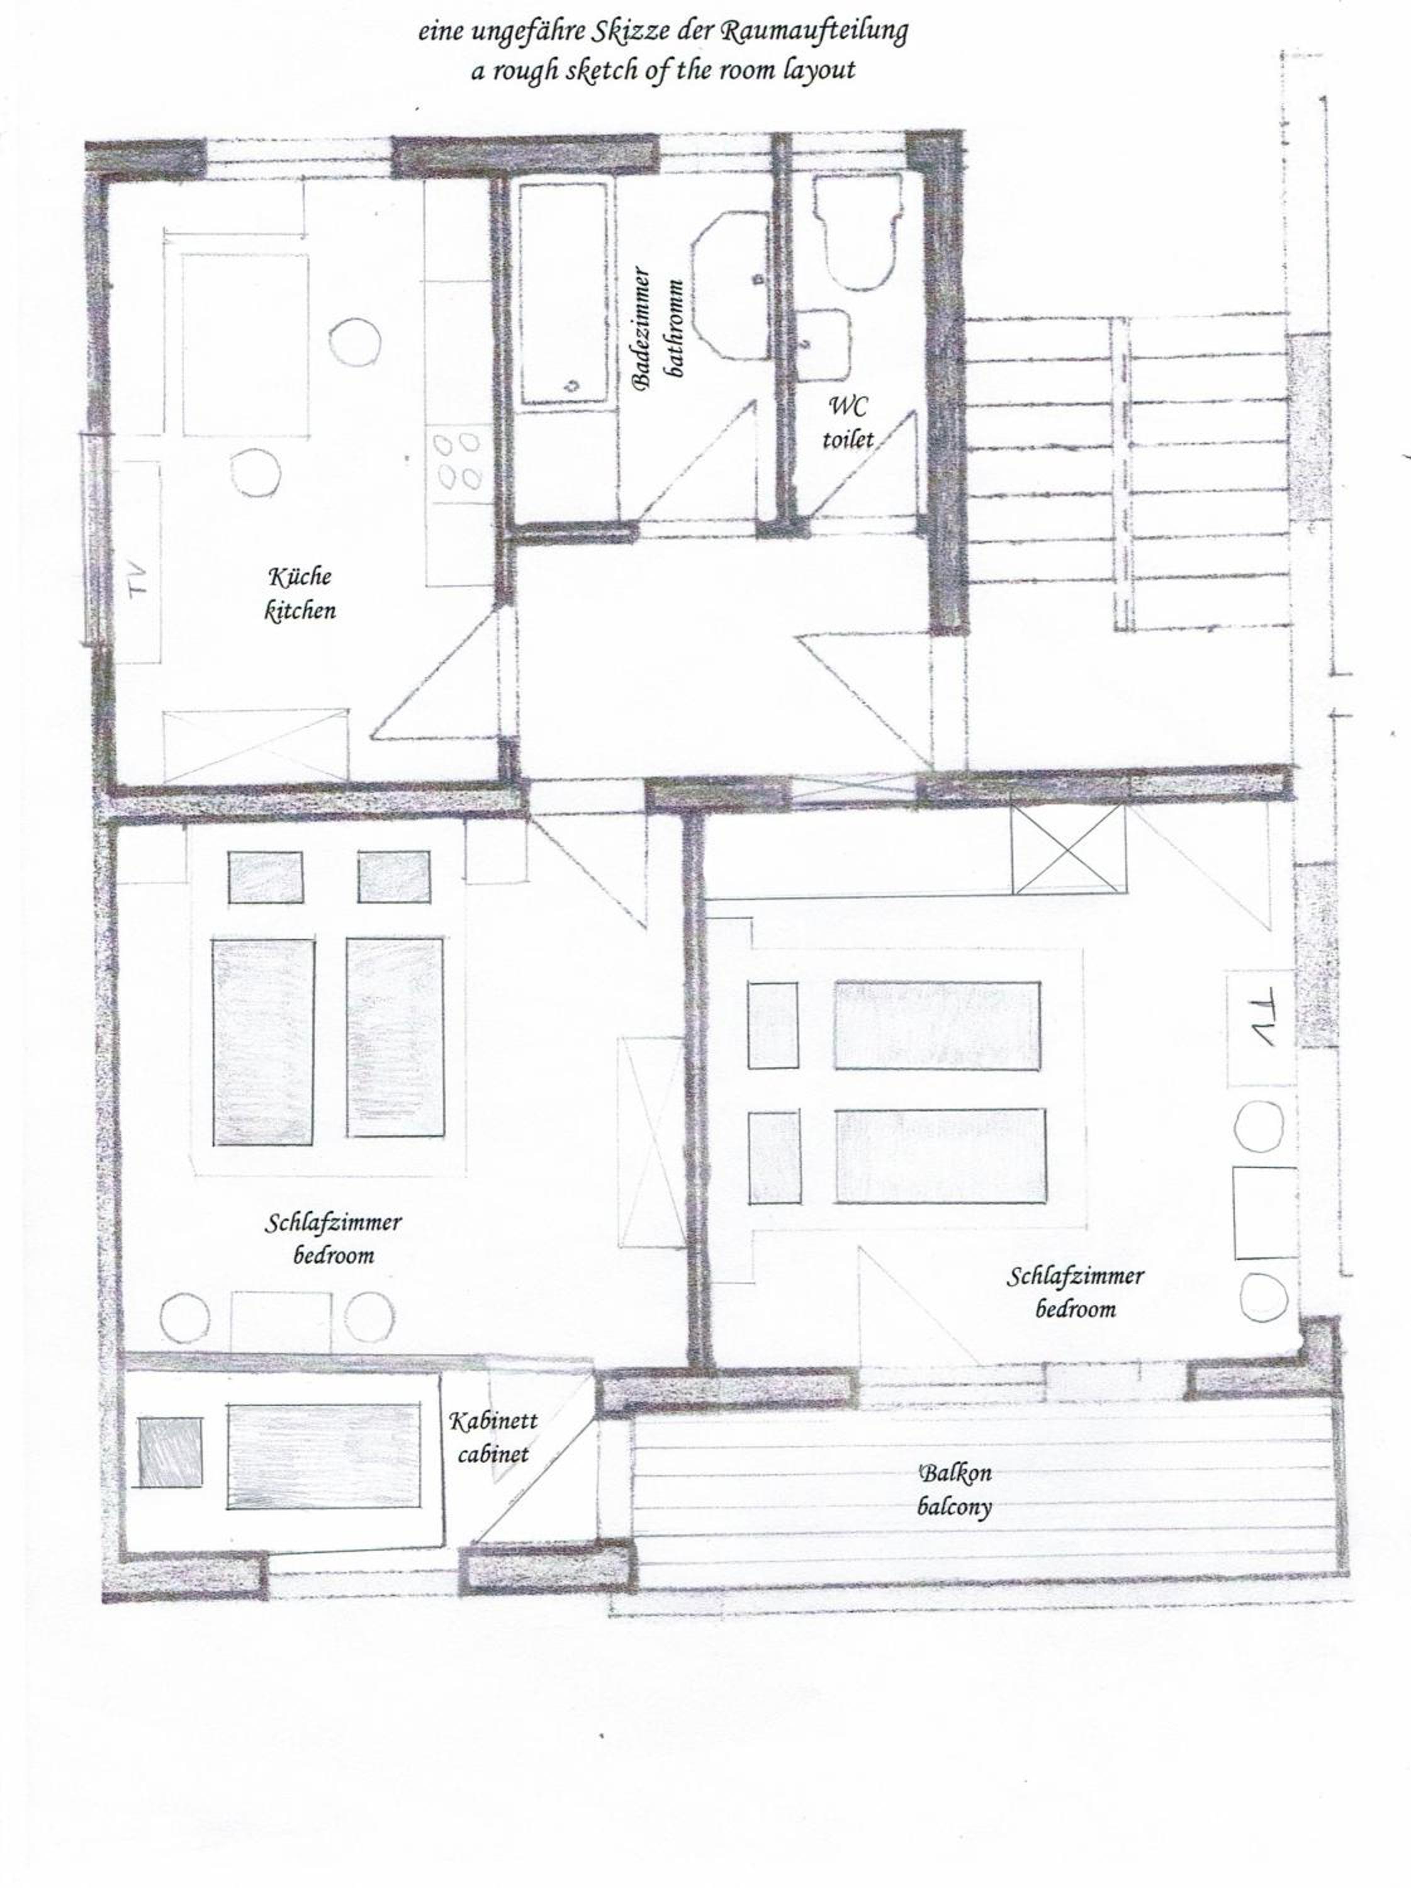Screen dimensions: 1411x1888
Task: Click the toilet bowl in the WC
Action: click(858, 230)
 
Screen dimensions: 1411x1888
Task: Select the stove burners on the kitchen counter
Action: click(458, 462)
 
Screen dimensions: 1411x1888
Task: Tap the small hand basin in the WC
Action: click(824, 344)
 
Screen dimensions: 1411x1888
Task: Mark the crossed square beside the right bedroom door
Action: click(1068, 848)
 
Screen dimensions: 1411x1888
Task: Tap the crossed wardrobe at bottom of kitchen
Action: click(256, 745)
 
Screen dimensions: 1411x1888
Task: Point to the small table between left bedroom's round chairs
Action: click(281, 1322)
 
